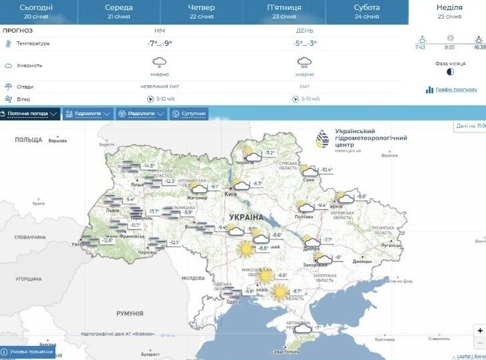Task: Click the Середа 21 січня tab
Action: [119, 11]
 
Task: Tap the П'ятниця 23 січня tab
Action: [282, 11]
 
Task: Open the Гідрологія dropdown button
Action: [88, 114]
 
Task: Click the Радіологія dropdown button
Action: [140, 114]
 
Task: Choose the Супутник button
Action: [189, 114]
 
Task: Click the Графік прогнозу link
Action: [452, 90]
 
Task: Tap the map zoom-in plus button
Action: [480, 331]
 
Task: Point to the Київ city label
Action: [231, 194]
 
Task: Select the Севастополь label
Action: [276, 351]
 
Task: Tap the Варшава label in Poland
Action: [58, 141]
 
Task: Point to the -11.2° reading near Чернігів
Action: [269, 153]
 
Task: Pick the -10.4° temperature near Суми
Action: [326, 170]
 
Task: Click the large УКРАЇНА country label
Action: [246, 218]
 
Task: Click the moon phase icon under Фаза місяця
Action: [451, 72]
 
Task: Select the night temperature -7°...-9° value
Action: [160, 43]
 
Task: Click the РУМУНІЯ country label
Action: [130, 313]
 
